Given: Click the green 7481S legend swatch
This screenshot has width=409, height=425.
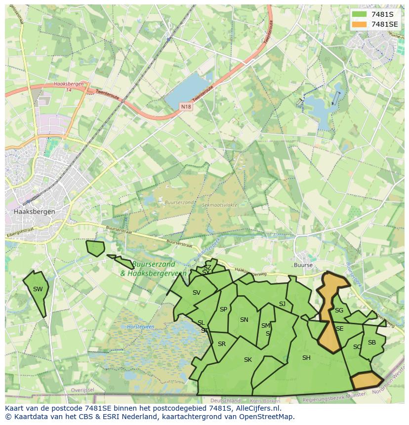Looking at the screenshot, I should [359, 14].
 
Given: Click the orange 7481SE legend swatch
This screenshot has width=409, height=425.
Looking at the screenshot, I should [359, 24].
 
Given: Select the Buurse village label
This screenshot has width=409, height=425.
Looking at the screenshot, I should [303, 265].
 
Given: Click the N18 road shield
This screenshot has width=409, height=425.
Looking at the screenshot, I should [186, 106].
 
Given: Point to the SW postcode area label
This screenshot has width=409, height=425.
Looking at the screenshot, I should [38, 289].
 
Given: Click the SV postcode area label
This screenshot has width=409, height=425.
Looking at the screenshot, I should [197, 293].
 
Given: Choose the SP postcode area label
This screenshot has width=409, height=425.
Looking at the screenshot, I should [223, 309].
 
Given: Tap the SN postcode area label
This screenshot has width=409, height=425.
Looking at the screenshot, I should [244, 320].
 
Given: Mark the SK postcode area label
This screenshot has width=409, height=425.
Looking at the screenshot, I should [248, 360].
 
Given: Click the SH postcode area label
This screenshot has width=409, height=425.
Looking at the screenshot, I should [306, 358].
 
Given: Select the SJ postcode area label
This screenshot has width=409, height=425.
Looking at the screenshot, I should [282, 304].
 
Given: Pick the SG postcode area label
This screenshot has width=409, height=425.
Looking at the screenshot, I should [339, 310].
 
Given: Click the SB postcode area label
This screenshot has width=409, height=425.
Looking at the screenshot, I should [372, 343].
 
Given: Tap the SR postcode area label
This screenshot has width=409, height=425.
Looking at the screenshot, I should [222, 344].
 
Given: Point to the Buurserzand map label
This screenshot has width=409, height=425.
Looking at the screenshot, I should [171, 202].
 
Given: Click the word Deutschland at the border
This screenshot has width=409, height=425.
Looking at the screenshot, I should [225, 400].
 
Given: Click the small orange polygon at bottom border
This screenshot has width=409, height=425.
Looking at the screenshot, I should [367, 381].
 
